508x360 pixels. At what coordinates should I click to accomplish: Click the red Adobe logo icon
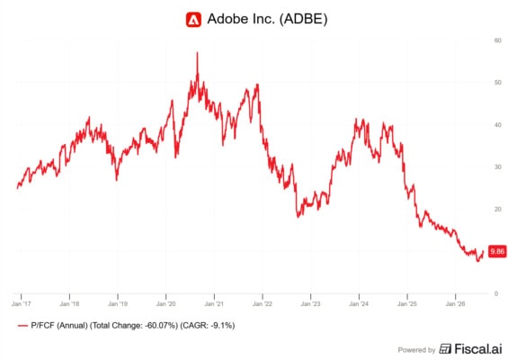193,20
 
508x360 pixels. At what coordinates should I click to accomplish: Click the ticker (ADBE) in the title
303,19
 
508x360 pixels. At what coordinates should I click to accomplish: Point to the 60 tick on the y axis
497,40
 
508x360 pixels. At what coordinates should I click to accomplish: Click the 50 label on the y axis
497,83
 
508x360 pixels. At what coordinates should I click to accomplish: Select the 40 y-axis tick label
497,125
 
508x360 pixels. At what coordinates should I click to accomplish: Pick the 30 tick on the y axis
497,167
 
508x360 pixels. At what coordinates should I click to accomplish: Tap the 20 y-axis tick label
497,209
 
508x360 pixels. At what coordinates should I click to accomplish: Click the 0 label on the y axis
496,293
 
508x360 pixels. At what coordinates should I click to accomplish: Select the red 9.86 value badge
497,251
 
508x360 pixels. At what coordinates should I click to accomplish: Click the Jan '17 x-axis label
21,304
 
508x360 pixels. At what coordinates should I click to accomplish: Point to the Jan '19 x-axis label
118,304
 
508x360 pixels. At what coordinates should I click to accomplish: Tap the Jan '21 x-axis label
214,304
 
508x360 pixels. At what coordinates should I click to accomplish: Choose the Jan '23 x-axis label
311,304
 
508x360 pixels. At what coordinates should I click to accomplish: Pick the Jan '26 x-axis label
456,304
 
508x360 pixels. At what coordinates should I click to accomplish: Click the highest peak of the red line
197,52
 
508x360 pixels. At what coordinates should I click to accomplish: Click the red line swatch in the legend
22,326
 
